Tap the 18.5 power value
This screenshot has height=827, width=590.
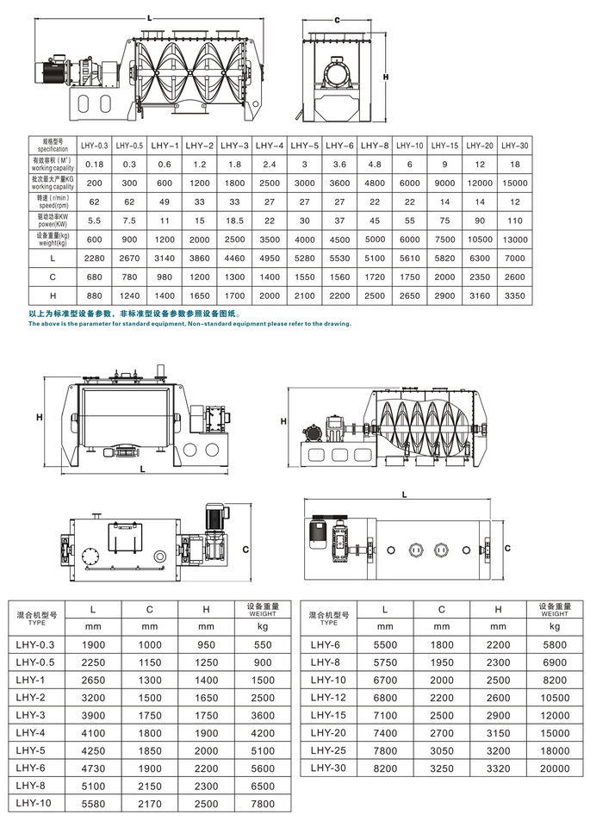pos(235,219)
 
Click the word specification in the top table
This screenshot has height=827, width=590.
pos(47,148)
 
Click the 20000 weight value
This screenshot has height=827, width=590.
pos(555,767)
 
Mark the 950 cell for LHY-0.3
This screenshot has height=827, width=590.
pos(206,644)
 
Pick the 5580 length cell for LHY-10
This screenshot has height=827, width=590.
pos(94,803)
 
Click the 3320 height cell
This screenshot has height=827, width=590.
pos(498,767)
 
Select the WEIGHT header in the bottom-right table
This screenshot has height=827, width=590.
pos(555,613)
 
